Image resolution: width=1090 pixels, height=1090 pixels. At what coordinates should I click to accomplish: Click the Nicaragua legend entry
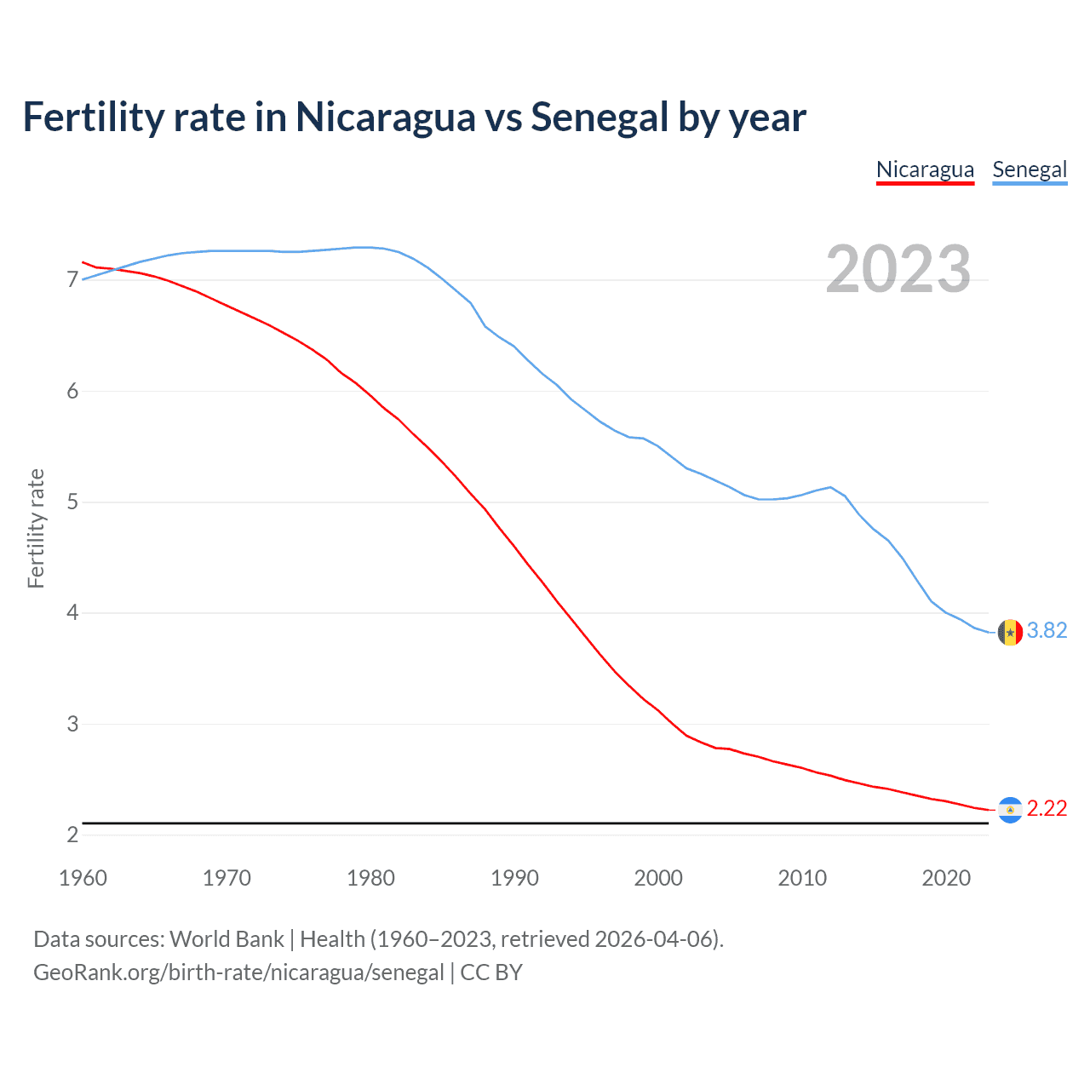pyautogui.click(x=925, y=169)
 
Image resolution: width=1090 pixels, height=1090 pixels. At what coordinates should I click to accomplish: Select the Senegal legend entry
pyautogui.click(x=1030, y=169)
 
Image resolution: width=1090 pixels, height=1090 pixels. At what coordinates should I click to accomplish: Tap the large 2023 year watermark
pyautogui.click(x=898, y=269)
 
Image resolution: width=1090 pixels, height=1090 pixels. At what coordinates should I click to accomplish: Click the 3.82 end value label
pyautogui.click(x=1047, y=630)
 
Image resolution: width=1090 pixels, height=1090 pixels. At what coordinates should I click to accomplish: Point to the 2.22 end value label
pyautogui.click(x=1047, y=808)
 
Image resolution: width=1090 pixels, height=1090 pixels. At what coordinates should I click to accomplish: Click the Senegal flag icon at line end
pyautogui.click(x=1010, y=633)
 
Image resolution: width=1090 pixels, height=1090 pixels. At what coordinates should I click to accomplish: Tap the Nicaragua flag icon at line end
pyautogui.click(x=1010, y=810)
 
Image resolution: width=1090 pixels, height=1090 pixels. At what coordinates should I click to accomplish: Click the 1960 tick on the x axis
pyautogui.click(x=83, y=878)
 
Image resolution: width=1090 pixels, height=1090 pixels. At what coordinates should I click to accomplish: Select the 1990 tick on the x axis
pyautogui.click(x=514, y=878)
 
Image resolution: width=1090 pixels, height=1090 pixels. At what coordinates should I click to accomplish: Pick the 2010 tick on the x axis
pyautogui.click(x=802, y=878)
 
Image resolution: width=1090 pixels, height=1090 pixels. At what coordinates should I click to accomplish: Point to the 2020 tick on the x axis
pyautogui.click(x=946, y=878)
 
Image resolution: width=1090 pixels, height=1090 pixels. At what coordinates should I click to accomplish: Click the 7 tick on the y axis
pyautogui.click(x=72, y=280)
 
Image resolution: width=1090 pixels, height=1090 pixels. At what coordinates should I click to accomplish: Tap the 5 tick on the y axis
pyautogui.click(x=72, y=502)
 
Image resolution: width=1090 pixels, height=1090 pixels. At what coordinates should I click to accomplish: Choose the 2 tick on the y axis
pyautogui.click(x=72, y=835)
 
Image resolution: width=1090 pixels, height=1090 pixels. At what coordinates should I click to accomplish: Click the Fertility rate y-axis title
pyautogui.click(x=36, y=528)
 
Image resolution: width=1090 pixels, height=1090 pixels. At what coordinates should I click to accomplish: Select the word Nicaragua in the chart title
pyautogui.click(x=385, y=118)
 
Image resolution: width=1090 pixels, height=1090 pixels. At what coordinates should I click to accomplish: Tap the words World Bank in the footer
pyautogui.click(x=227, y=939)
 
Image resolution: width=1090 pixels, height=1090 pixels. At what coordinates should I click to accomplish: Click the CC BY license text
pyautogui.click(x=491, y=972)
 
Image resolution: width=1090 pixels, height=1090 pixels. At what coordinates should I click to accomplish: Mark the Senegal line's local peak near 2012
pyautogui.click(x=830, y=487)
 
